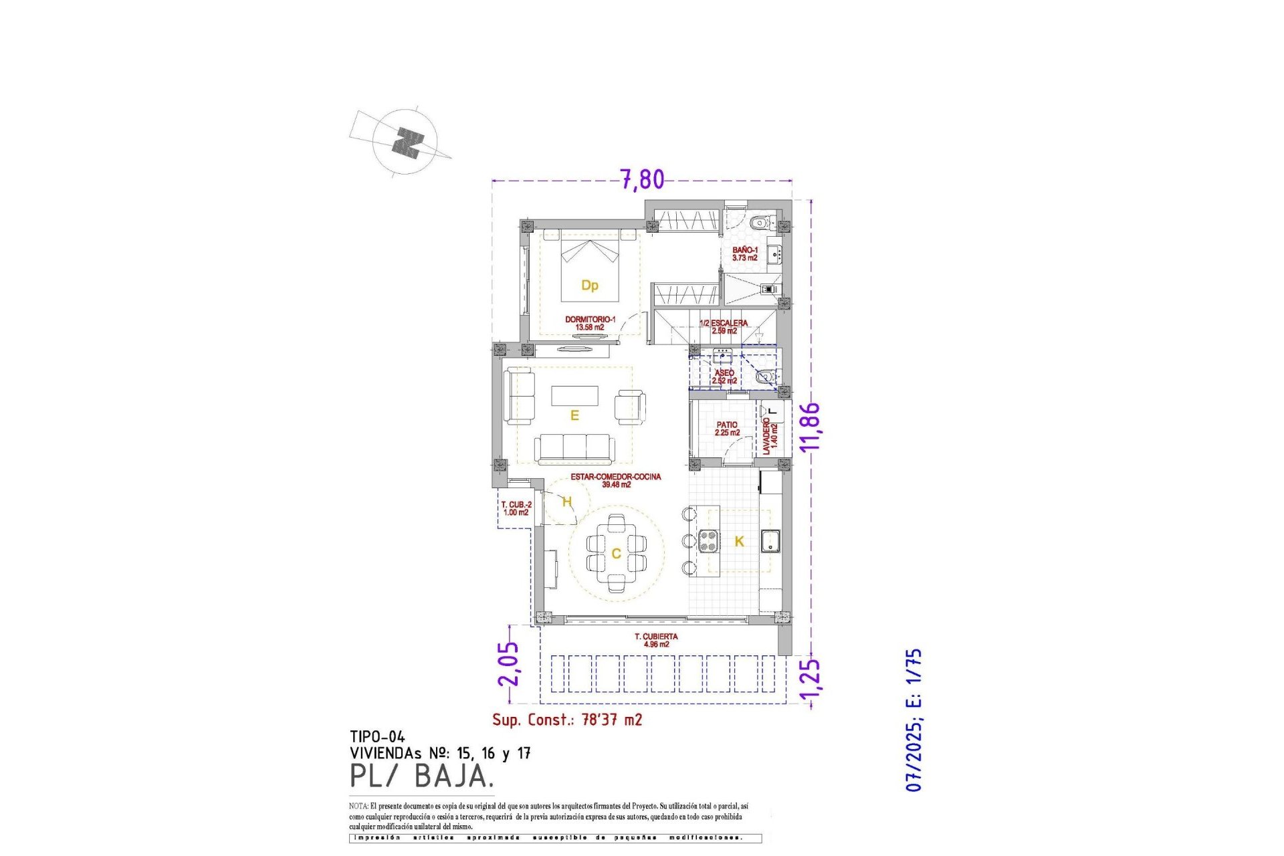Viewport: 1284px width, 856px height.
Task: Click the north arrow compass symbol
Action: pos(405,142)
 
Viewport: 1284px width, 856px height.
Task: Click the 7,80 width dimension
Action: pos(642,179)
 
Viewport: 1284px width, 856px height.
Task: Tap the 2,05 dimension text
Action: pos(508,663)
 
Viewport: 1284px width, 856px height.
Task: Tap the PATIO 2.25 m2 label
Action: pos(727,429)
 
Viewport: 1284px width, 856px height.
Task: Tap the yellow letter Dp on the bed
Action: pos(589,286)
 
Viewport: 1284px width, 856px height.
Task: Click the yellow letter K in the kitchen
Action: pos(739,542)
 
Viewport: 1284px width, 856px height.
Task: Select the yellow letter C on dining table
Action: pos(616,554)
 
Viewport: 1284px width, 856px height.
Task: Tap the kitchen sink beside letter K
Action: pos(770,541)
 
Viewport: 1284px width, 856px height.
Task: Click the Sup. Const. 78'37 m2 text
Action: pos(567,720)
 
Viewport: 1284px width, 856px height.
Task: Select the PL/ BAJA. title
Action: pos(422,776)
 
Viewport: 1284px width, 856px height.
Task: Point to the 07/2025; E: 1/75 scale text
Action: pos(914,720)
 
